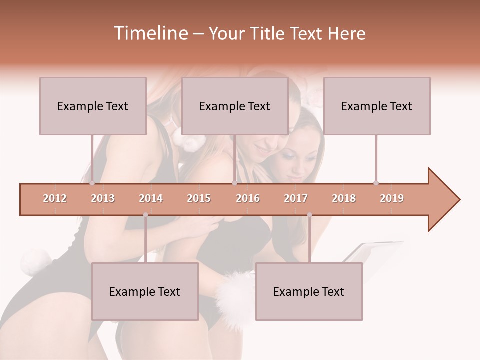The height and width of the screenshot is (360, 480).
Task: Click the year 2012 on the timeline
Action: coord(55,198)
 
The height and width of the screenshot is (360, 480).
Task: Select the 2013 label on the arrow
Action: coord(103,198)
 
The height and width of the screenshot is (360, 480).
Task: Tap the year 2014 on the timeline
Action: coord(151,198)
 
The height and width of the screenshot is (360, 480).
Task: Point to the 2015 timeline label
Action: coord(199,198)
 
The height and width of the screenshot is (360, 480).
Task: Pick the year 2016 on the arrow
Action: coord(248,198)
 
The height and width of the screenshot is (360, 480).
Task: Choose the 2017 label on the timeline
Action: coord(296,198)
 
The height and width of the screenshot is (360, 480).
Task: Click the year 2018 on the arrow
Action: coord(344,198)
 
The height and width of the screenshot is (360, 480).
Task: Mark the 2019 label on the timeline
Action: coord(392,198)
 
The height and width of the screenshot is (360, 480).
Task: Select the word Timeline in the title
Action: coord(150,33)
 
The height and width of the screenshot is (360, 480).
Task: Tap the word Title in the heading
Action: coord(267,33)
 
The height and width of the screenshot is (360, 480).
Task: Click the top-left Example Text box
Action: coord(93,106)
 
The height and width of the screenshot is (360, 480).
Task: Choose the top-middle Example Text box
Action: coord(235,106)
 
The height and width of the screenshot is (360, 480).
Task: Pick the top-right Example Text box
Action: coord(377,106)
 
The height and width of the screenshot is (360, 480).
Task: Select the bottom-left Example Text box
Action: coord(145,291)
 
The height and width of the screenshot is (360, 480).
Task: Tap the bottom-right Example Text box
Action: coord(309,291)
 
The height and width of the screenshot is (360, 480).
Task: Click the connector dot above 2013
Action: coord(92,183)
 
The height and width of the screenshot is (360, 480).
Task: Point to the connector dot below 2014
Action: coord(145,215)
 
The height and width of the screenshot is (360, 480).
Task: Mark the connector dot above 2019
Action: coord(376,183)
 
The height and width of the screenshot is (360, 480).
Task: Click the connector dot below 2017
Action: coord(309,215)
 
